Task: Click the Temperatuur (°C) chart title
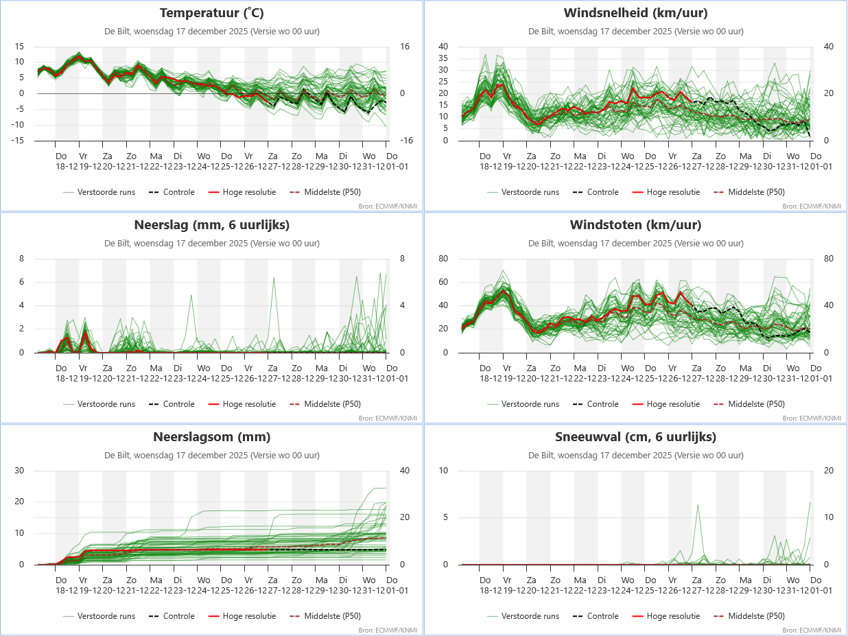(211, 13)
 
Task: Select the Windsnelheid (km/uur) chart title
(635, 13)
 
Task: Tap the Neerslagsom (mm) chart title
(211, 437)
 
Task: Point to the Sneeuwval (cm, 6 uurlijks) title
(635, 437)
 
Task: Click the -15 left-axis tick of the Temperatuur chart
(19, 141)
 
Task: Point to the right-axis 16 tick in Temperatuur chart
(405, 47)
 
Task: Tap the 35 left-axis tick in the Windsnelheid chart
(443, 58)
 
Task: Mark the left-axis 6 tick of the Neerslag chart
(21, 282)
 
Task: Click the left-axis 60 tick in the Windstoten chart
(443, 282)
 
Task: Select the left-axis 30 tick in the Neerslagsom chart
(19, 471)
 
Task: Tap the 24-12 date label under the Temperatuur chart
(204, 167)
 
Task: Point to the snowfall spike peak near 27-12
(698, 505)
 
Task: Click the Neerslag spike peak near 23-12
(191, 295)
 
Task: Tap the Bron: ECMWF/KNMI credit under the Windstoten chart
(812, 418)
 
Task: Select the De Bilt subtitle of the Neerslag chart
(211, 243)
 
